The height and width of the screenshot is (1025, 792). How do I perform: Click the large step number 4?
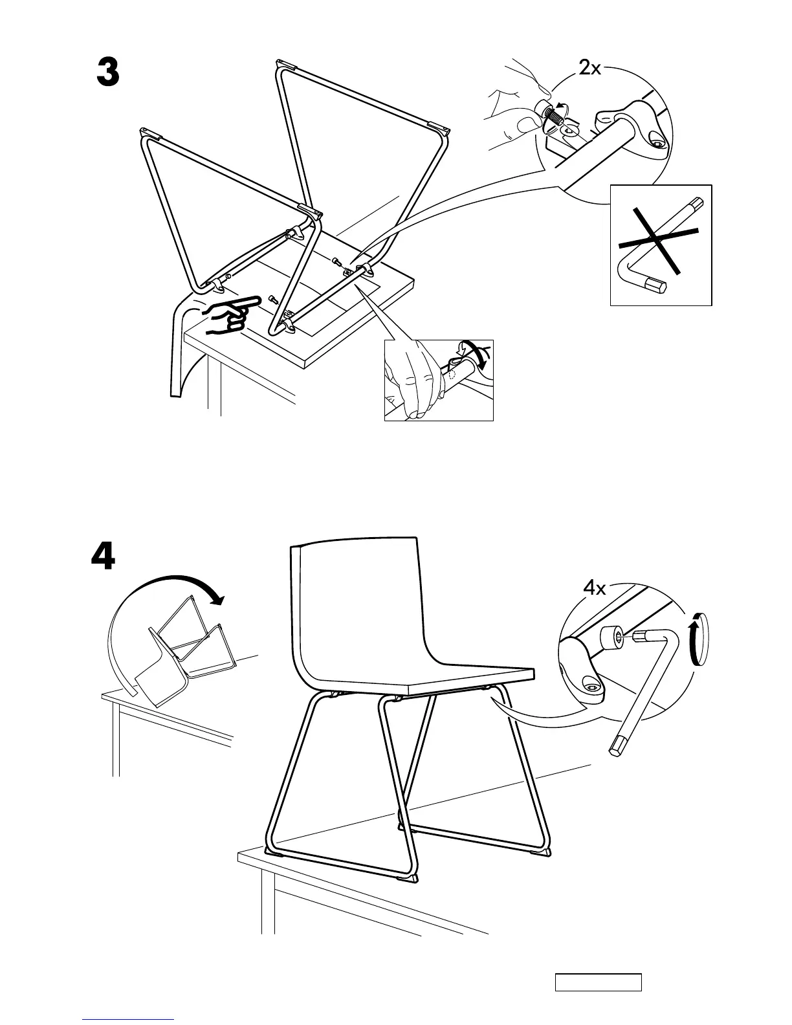pos(104,556)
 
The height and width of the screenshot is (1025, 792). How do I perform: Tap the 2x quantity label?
pos(589,67)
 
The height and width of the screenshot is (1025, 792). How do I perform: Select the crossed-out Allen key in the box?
pos(660,245)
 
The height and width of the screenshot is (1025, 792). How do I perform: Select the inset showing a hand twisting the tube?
pos(439,380)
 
